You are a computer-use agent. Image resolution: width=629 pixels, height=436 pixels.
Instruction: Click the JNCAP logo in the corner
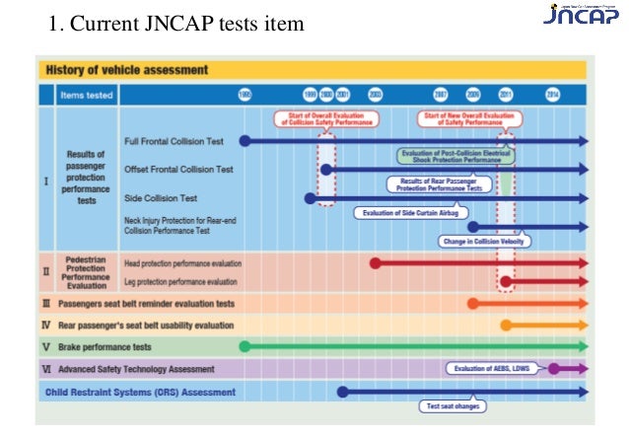(x=580, y=17)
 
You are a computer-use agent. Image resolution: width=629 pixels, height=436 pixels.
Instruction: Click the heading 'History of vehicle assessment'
(x=126, y=70)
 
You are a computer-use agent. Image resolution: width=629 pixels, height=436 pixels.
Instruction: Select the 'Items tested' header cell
(x=87, y=96)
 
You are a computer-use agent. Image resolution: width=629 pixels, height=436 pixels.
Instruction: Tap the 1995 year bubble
(x=245, y=95)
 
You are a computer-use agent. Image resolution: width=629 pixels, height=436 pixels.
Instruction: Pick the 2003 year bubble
(x=376, y=95)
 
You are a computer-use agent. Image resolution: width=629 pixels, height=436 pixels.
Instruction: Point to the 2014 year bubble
(x=553, y=95)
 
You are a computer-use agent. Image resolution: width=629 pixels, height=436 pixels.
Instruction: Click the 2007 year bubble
(x=441, y=95)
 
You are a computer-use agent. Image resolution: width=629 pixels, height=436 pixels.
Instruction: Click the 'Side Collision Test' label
(x=160, y=197)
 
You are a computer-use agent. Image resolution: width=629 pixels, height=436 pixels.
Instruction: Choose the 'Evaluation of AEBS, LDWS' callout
(x=494, y=368)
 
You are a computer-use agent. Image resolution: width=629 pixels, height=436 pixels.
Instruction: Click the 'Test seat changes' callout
(x=453, y=405)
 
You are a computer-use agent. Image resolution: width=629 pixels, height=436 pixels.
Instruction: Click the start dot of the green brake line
(x=245, y=346)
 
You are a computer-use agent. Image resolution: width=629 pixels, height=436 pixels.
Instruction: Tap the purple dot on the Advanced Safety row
(x=554, y=369)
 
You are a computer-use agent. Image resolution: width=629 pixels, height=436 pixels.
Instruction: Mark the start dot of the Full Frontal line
(x=245, y=141)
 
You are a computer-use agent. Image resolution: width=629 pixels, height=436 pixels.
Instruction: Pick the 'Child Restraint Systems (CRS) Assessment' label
(x=140, y=392)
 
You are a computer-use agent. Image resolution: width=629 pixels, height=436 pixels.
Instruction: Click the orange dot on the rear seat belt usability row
(x=506, y=325)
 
